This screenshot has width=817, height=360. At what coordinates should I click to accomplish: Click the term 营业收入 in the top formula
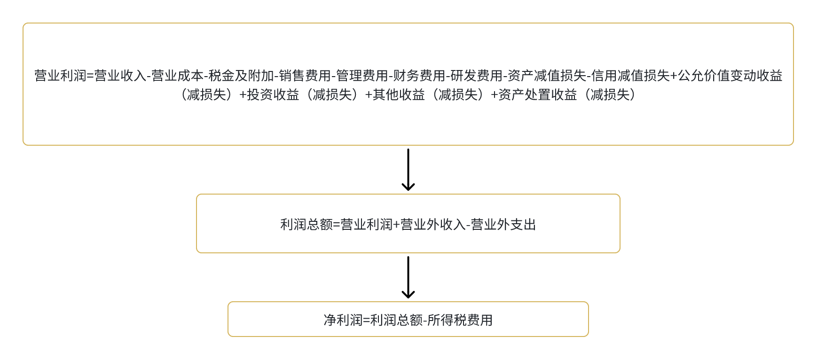(120, 76)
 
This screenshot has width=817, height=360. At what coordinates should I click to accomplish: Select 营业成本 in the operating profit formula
(177, 76)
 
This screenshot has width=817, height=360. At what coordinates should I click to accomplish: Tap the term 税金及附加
(241, 76)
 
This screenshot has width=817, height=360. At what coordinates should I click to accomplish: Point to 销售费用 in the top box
(305, 76)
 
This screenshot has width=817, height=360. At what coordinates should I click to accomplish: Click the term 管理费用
(362, 76)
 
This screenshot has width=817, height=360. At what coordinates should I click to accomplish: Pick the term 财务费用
(419, 76)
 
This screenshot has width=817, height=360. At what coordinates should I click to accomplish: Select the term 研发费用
(476, 76)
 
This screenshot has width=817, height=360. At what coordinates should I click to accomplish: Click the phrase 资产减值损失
(547, 76)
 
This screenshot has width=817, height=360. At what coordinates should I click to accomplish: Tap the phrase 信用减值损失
(630, 76)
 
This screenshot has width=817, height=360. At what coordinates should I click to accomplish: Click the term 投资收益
(273, 95)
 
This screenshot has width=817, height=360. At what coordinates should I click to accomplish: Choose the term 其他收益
(399, 95)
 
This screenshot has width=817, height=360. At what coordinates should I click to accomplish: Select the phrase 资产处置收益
(537, 95)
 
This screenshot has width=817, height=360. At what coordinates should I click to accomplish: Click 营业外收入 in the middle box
(433, 225)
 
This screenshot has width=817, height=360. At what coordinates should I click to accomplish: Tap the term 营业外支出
(503, 225)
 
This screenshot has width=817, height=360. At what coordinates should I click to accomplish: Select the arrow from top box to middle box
(408, 170)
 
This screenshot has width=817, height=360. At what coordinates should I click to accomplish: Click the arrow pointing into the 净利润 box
(408, 277)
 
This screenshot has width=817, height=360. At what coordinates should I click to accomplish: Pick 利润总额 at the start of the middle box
(306, 225)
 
